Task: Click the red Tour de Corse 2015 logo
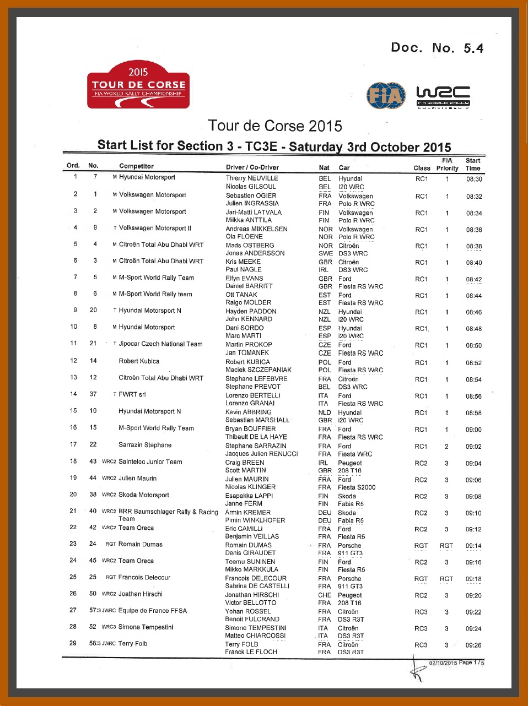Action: tap(138, 85)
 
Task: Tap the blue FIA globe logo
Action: tap(386, 96)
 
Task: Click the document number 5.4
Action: tap(473, 48)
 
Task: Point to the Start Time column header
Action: tap(473, 165)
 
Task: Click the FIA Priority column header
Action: tap(447, 165)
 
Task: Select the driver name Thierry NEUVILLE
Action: tap(252, 178)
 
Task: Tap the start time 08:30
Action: tap(474, 180)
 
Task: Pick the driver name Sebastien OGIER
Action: tap(251, 195)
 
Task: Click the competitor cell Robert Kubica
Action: tap(139, 361)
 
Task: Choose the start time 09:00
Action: tap(473, 430)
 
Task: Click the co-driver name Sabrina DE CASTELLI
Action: tap(257, 586)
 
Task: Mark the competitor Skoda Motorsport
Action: tap(143, 495)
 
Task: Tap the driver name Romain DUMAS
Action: tap(248, 545)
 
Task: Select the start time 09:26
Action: tap(473, 645)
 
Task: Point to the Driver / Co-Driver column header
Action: tap(252, 167)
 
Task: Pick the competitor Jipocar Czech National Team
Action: tap(160, 344)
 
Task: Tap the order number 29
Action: tap(73, 643)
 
